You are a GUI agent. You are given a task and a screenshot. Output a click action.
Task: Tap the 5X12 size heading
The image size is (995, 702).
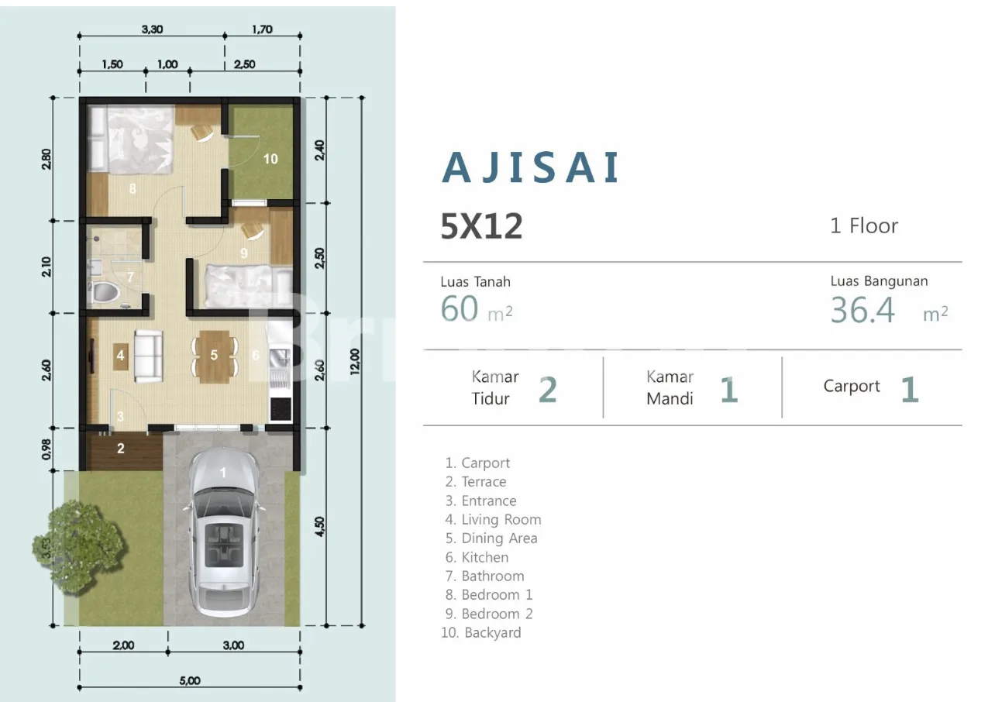[x=481, y=226]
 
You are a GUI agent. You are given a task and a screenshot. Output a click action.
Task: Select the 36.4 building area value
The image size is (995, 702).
[x=862, y=309]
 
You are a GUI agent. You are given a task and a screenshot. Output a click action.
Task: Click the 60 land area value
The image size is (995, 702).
[x=460, y=308]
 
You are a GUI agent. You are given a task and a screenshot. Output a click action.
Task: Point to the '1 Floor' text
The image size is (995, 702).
[x=864, y=225]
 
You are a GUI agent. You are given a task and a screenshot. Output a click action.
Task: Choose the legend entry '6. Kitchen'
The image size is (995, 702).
[x=477, y=557]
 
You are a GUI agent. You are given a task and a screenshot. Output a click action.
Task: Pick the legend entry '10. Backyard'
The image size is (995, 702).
[x=481, y=632]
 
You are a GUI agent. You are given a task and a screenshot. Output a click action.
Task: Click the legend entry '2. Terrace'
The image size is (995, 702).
[x=476, y=481]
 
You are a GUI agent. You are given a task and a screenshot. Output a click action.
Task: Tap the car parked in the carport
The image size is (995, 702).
[x=223, y=532]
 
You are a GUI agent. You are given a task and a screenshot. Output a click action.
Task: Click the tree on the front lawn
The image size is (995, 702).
[x=79, y=548]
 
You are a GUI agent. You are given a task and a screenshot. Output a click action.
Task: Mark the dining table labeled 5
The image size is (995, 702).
[x=215, y=356]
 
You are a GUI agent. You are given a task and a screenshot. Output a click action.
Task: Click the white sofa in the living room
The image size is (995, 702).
[x=148, y=356]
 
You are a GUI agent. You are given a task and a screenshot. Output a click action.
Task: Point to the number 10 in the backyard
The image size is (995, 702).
[x=270, y=159]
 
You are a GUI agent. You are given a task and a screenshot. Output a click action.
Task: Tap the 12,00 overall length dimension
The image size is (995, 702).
[x=354, y=361]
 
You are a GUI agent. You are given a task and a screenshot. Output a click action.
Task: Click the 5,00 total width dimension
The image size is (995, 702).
[x=190, y=680]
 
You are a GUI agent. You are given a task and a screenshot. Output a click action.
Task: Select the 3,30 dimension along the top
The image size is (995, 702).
[x=153, y=29]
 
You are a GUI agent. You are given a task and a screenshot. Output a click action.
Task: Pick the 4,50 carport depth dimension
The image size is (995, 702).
[x=319, y=527]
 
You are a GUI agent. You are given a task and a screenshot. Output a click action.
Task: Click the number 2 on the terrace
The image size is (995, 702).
[x=120, y=449]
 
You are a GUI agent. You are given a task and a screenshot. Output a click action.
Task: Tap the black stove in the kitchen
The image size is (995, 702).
[x=281, y=409]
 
